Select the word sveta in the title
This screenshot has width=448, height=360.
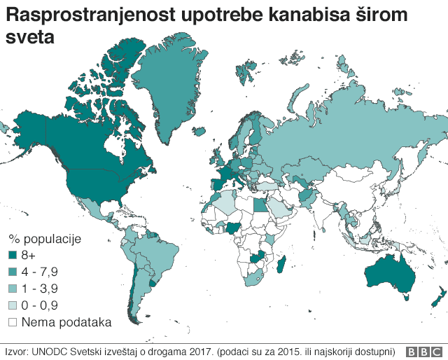(29, 39)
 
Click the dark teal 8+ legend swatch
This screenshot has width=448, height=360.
(13, 254)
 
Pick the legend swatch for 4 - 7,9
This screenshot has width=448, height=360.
(13, 271)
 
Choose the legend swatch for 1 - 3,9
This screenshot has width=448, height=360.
(13, 288)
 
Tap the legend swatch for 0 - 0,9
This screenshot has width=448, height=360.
(13, 305)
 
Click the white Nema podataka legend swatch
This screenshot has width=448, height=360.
(13, 321)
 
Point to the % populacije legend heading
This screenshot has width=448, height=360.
(45, 238)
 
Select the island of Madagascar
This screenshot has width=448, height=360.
(281, 264)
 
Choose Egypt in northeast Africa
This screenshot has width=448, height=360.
(260, 205)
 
